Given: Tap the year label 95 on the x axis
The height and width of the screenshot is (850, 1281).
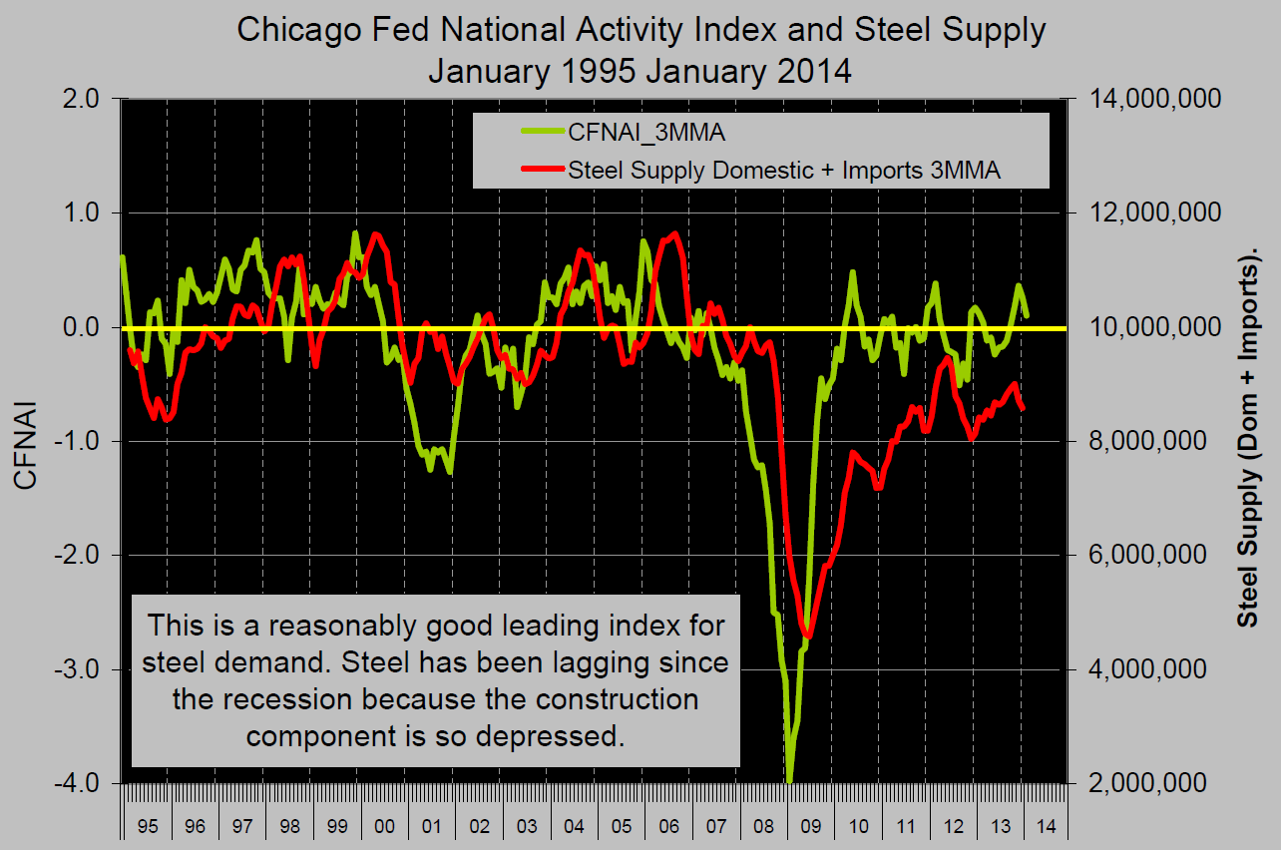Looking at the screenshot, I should [147, 827].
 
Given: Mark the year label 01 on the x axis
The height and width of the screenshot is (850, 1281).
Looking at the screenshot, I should [431, 827].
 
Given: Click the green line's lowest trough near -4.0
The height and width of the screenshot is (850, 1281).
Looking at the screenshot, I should [789, 780].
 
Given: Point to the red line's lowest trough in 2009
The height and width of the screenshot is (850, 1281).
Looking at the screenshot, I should [807, 637].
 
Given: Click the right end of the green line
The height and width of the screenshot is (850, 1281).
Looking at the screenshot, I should [1027, 315].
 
